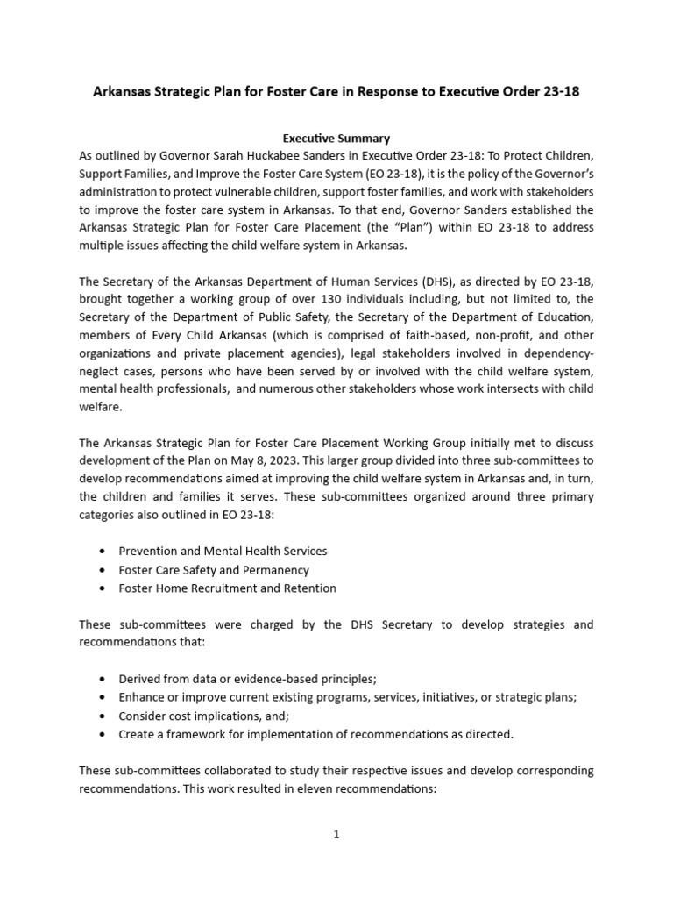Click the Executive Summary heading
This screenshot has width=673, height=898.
pyautogui.click(x=336, y=138)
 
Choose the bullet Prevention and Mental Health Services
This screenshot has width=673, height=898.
pyautogui.click(x=223, y=551)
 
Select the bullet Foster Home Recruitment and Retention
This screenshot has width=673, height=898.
pyautogui.click(x=227, y=588)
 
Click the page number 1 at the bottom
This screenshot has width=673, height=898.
pyautogui.click(x=336, y=835)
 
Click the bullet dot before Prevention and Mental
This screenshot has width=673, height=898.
pyautogui.click(x=104, y=551)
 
